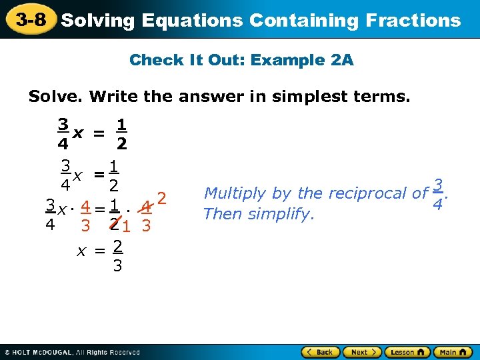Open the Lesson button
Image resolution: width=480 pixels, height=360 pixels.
(x=404, y=351)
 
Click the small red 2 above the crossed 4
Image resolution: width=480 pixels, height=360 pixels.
(x=161, y=198)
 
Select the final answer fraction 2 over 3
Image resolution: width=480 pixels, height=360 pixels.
(x=117, y=256)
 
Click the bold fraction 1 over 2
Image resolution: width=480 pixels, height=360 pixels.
(x=122, y=134)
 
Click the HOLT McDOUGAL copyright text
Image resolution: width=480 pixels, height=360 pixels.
(x=73, y=352)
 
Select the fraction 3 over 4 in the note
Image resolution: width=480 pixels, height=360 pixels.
(x=437, y=194)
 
